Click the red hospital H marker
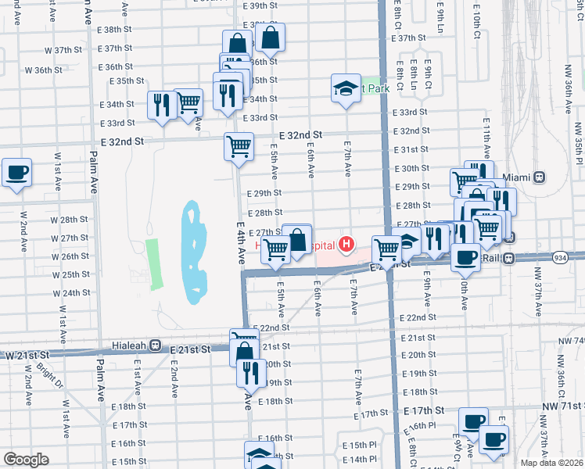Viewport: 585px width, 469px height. pyautogui.click(x=345, y=245)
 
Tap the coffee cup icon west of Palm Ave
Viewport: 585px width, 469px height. pyautogui.click(x=16, y=173)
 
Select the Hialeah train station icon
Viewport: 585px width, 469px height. pyautogui.click(x=155, y=345)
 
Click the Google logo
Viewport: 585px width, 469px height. pyautogui.click(x=26, y=460)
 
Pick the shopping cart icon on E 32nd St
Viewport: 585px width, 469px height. pyautogui.click(x=239, y=145)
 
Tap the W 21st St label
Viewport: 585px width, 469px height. pyautogui.click(x=24, y=355)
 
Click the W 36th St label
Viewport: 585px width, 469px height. pyautogui.click(x=43, y=70)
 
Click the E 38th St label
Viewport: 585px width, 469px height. pyautogui.click(x=116, y=29)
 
